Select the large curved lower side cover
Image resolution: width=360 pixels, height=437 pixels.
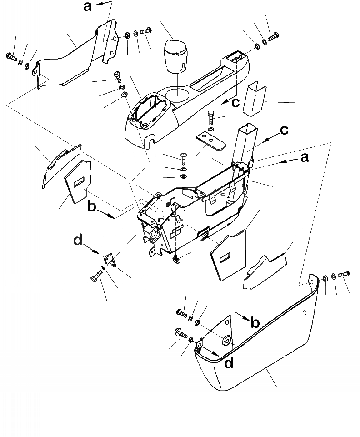click(x=255, y=346)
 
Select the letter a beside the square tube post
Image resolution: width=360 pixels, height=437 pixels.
click(x=305, y=158)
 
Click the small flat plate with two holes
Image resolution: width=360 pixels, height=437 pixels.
click(x=212, y=141)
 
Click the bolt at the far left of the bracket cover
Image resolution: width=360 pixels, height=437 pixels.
click(x=11, y=57)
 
